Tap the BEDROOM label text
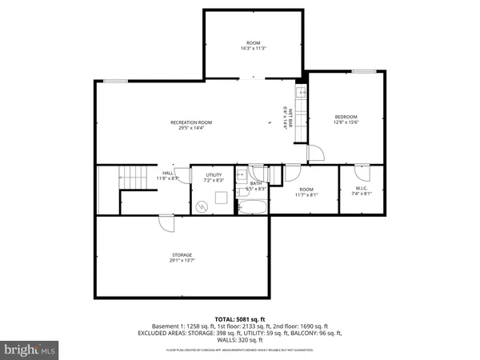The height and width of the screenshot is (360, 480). [x=346, y=117]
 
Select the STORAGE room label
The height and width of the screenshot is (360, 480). [x=181, y=255]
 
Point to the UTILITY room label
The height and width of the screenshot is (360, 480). [x=214, y=174]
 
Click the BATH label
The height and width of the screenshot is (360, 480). [x=256, y=183]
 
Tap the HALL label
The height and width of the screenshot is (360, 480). [x=168, y=173]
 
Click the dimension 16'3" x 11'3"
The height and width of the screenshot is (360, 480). [x=253, y=48]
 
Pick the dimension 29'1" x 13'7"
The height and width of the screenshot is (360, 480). [x=181, y=261]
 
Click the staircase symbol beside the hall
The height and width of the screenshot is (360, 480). [x=128, y=178]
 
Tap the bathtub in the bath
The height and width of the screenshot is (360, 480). [x=253, y=208]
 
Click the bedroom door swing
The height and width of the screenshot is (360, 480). [x=314, y=152]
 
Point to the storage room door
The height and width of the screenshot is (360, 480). [x=166, y=223]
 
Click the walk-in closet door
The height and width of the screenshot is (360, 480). [x=362, y=171]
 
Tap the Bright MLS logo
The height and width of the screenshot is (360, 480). [x=30, y=350]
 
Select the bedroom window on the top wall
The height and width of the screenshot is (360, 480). [x=364, y=73]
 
